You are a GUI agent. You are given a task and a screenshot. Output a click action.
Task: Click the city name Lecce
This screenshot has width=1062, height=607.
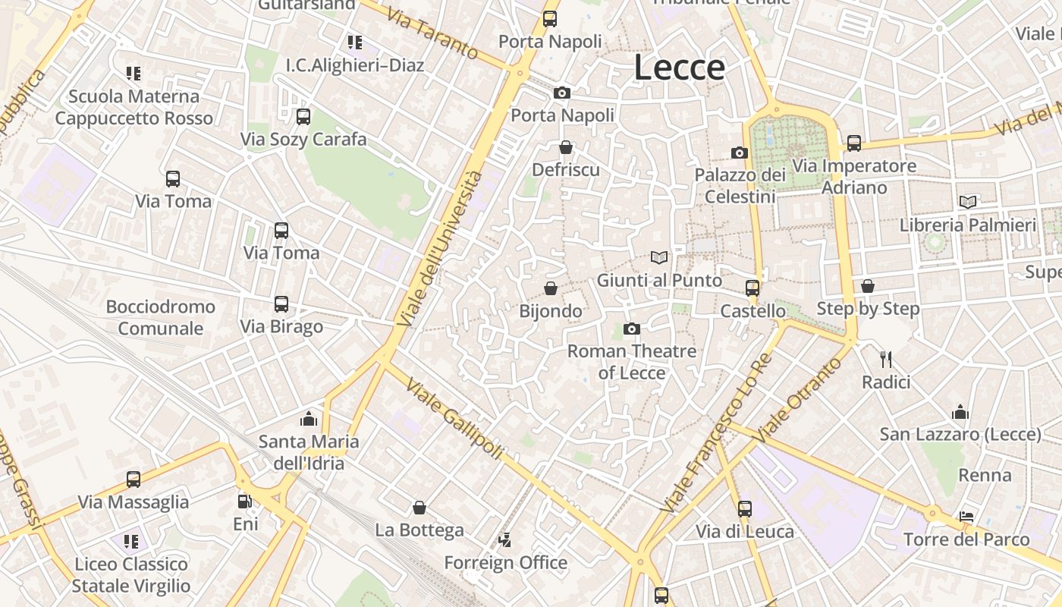tap(679, 67)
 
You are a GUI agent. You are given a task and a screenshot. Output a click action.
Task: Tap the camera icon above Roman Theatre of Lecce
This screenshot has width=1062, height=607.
tap(631, 329)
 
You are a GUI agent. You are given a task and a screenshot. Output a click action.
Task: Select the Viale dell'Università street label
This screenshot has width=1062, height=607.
tap(440, 250)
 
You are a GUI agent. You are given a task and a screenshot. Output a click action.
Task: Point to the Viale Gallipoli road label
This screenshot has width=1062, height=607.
tap(454, 417)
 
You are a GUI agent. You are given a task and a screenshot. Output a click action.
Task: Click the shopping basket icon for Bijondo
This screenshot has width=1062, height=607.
tap(551, 288)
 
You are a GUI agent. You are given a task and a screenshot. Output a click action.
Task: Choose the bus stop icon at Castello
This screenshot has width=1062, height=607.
tap(753, 288)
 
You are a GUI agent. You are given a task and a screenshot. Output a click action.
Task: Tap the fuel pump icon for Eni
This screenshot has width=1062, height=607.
tap(244, 502)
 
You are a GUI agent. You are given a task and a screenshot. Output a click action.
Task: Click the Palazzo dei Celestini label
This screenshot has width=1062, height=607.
tap(740, 186)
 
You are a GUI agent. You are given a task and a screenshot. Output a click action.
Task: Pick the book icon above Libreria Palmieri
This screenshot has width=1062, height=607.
tap(967, 202)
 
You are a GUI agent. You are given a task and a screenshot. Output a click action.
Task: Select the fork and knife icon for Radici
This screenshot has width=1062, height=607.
tap(885, 359)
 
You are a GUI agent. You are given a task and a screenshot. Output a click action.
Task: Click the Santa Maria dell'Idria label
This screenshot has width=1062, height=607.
tap(309, 452)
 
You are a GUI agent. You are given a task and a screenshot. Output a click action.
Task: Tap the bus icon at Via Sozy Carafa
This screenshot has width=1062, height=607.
tap(303, 117)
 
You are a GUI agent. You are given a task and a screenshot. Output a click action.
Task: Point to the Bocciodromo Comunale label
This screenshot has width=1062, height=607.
tap(161, 317)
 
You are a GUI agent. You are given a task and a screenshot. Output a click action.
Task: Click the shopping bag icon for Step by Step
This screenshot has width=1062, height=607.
tap(868, 286)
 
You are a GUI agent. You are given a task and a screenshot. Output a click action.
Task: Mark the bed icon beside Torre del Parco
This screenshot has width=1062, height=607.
tap(966, 517)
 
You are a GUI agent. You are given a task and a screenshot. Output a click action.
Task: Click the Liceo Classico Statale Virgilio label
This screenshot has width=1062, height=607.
tap(130, 574)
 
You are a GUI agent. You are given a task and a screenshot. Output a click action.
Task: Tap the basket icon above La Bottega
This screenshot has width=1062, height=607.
tap(419, 507)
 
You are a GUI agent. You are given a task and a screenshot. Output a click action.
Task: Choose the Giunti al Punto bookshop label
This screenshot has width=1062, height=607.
tap(659, 280)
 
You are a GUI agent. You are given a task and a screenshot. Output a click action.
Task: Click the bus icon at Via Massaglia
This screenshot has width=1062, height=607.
tap(134, 480)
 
